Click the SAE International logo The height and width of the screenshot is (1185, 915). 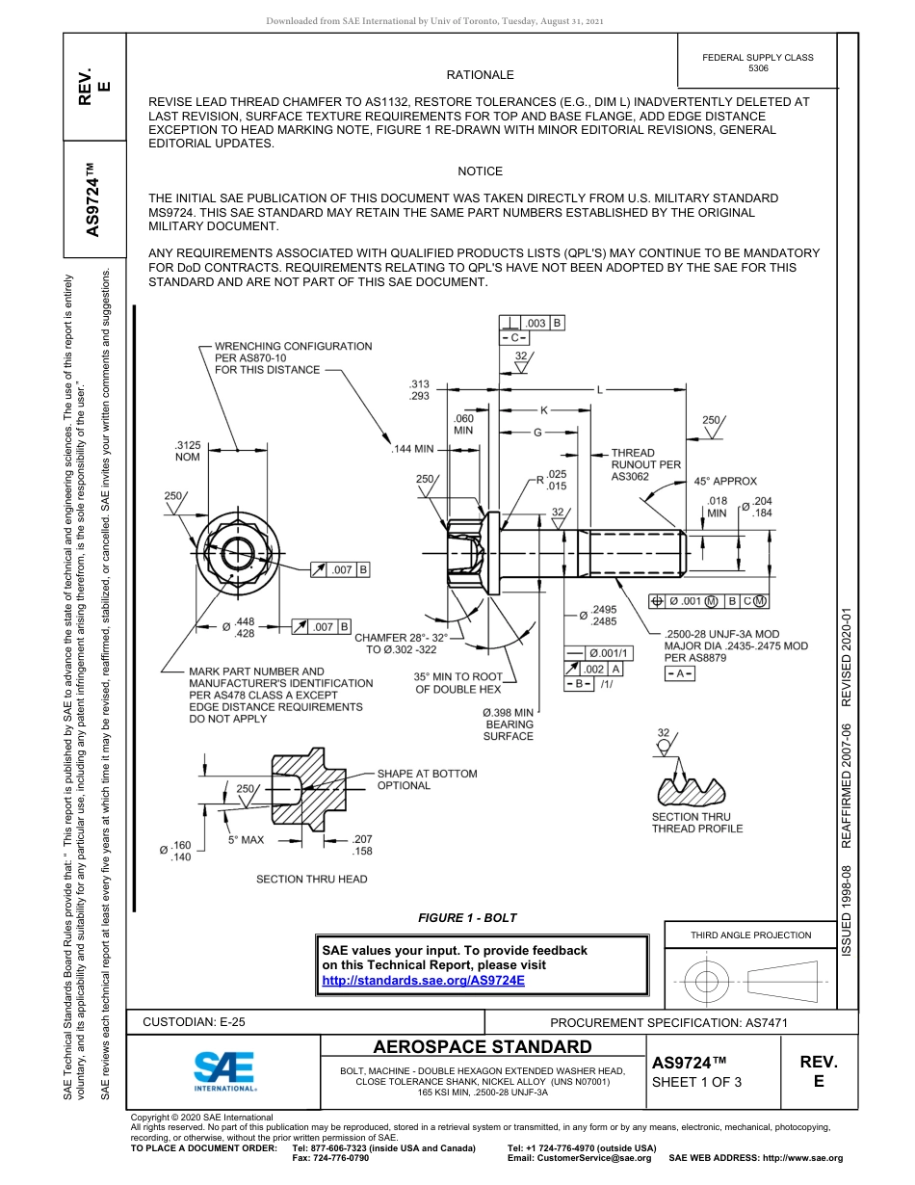tap(224, 1068)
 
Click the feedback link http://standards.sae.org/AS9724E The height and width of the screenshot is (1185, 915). tap(423, 981)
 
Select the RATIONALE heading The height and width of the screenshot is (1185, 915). tap(480, 75)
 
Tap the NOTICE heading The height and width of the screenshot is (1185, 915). tap(480, 171)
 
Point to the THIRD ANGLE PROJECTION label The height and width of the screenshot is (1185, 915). tap(750, 935)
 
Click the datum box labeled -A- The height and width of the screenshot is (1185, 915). tap(678, 673)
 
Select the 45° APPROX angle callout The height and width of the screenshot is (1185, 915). tap(725, 481)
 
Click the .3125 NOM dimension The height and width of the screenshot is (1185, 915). tap(187, 451)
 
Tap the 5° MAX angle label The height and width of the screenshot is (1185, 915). tap(246, 840)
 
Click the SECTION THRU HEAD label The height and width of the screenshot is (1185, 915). tap(311, 879)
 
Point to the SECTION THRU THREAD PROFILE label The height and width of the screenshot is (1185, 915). tap(697, 823)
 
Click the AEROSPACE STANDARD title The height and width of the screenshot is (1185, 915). tap(482, 1047)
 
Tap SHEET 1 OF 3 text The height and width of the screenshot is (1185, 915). tap(696, 1082)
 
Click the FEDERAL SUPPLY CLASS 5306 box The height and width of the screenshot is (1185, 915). tap(757, 63)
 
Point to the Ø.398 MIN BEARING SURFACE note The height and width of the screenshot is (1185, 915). tap(508, 724)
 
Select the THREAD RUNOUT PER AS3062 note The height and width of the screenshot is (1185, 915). tap(645, 464)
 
